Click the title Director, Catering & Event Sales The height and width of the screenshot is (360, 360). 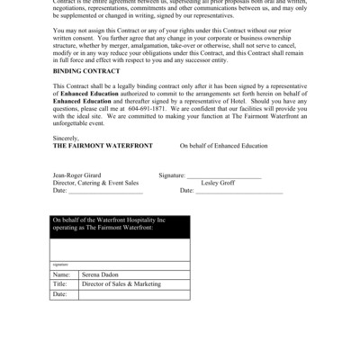click(94, 184)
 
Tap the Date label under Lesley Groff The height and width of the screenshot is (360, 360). click(186, 191)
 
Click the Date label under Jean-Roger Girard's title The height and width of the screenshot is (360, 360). click(59, 191)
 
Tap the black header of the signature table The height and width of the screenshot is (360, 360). click(120, 228)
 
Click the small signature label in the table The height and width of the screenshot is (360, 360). click(59, 265)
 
